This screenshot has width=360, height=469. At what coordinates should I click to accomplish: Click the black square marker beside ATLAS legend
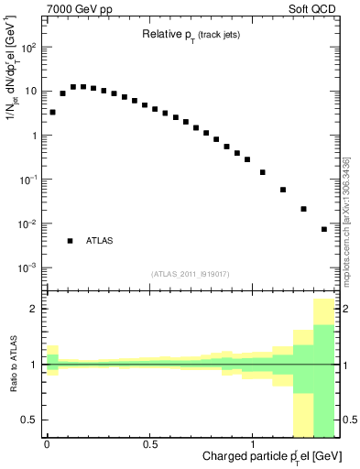point(70,241)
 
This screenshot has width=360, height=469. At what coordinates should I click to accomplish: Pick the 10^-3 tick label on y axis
point(29,267)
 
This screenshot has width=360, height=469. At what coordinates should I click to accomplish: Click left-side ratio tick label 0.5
point(31,420)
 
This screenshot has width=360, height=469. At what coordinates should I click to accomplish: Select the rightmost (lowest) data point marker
point(324,229)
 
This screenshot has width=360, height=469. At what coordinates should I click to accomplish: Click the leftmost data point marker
point(52,112)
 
